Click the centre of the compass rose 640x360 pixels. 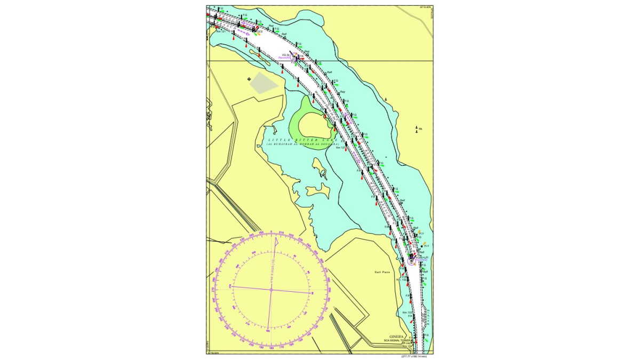point(271,290)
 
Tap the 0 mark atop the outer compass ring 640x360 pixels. point(271,232)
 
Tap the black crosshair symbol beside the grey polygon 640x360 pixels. point(249,79)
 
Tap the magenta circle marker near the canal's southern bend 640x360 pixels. point(411,261)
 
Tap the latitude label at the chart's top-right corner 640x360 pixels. point(425,7)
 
